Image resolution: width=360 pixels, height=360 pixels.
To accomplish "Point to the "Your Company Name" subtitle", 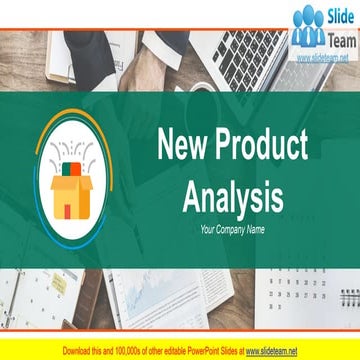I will pos(232,229).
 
